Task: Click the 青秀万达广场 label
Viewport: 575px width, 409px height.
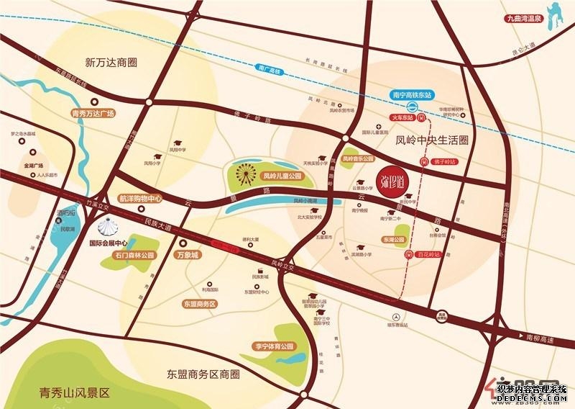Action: (93, 114)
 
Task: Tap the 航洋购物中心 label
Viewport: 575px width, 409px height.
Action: (141, 198)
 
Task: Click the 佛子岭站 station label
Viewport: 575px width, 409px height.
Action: (445, 161)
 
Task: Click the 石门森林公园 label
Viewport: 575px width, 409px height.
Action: (133, 255)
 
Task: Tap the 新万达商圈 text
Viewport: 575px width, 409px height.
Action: (111, 62)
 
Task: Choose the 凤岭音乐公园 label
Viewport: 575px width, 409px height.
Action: (358, 158)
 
